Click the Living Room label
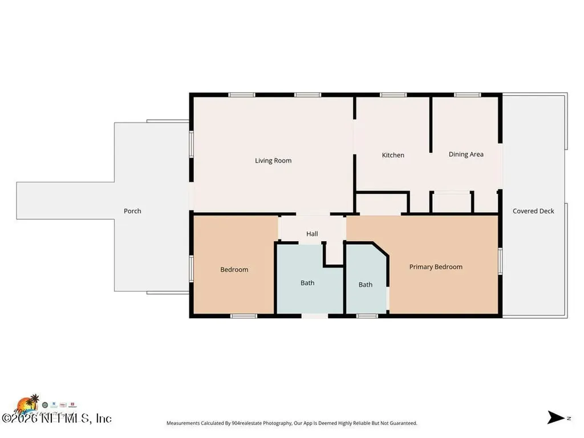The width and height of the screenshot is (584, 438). click(x=273, y=161)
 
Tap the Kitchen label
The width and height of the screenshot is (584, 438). click(x=393, y=155)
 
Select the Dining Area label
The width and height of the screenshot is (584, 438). click(x=466, y=154)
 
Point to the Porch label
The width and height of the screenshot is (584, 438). click(x=132, y=211)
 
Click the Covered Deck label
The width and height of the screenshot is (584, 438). click(x=533, y=211)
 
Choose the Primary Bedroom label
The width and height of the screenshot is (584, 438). click(x=436, y=267)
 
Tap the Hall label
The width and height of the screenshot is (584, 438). click(x=312, y=234)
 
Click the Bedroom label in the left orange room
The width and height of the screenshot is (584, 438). click(x=234, y=270)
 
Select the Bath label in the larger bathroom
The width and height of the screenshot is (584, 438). click(x=307, y=283)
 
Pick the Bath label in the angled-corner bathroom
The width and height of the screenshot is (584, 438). click(x=366, y=285)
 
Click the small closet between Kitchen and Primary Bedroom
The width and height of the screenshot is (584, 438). click(x=382, y=203)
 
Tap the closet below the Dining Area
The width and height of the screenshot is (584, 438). click(x=451, y=203)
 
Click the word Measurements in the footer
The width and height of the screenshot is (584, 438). click(x=182, y=423)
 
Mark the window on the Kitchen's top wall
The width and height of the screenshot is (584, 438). click(x=390, y=95)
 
